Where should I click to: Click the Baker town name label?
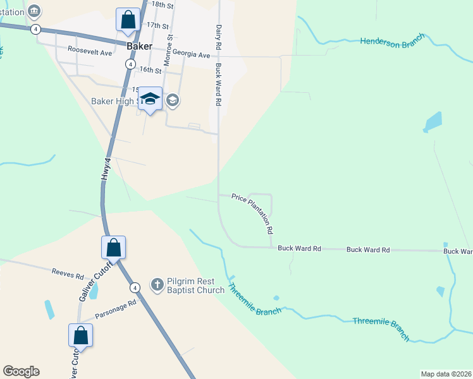pos(139,46)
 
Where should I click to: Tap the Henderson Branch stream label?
pos(391,42)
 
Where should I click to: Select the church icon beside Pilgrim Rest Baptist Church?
pos(157,285)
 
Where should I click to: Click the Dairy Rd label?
pos(218,38)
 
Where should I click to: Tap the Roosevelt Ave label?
pos(90,52)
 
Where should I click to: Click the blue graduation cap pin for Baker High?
pos(150,98)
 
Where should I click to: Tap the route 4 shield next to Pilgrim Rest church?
pos(135,287)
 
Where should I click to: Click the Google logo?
pos(21,371)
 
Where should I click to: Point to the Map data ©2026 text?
pos(446,374)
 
